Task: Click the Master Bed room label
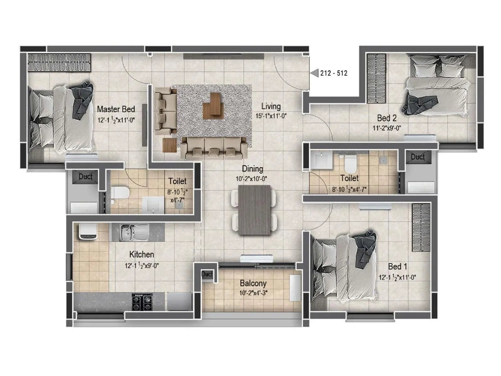116,109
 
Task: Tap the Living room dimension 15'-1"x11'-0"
271,116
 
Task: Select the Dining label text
252,169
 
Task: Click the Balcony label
253,284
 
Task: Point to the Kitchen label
142,254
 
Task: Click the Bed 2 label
387,118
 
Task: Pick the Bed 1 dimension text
397,278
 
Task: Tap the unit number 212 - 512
333,73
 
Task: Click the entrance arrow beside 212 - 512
314,73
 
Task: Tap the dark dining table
254,210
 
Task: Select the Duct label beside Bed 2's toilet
418,157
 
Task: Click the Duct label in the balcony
207,274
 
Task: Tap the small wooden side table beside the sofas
169,145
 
